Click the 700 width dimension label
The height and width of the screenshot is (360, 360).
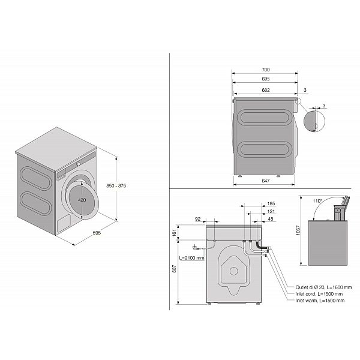(x=266, y=70)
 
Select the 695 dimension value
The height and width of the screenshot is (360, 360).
(x=266, y=79)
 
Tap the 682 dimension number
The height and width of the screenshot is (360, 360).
(x=266, y=90)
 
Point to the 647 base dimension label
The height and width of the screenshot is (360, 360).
(x=266, y=181)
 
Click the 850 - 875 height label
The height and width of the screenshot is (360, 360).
(x=116, y=186)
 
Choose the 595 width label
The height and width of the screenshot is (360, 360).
(x=97, y=233)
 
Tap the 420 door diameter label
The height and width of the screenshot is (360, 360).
(x=82, y=200)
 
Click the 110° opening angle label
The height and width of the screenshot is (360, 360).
(x=317, y=201)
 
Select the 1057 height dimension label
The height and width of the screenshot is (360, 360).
(x=298, y=230)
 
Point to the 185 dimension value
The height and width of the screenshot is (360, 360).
(x=271, y=203)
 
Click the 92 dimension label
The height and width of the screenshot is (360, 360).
(x=197, y=219)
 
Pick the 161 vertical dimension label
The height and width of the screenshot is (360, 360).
(x=174, y=233)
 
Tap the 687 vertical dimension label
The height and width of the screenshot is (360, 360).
(x=174, y=269)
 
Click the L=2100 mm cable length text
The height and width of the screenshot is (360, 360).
(x=191, y=258)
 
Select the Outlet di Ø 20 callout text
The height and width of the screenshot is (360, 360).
(x=323, y=287)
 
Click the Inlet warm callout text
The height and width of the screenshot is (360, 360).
(x=320, y=301)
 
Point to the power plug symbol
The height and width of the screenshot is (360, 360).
(x=196, y=247)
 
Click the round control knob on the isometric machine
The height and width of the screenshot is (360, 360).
(x=78, y=164)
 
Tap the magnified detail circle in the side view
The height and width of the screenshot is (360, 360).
(x=314, y=121)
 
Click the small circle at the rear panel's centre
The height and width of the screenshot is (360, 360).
(x=234, y=271)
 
